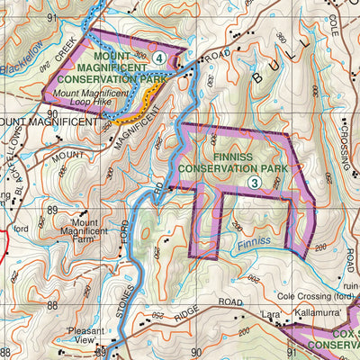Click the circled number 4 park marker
(159, 58)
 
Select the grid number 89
(52, 209)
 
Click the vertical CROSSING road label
(347, 141)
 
